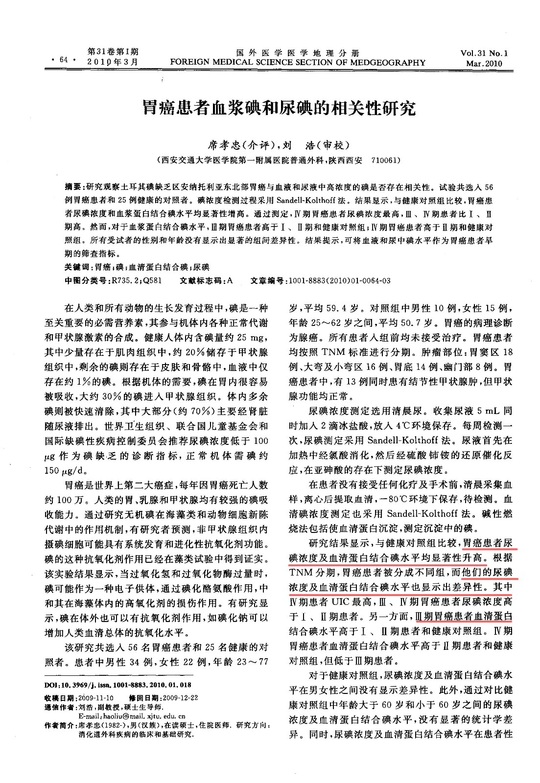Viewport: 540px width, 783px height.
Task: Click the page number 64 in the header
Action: point(63,60)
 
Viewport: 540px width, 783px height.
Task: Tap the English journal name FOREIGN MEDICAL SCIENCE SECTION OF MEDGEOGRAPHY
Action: point(297,63)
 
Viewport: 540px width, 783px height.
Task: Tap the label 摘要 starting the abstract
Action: point(73,187)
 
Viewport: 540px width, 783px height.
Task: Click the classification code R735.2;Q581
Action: point(134,280)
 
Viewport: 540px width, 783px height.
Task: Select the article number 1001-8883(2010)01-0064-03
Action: point(339,280)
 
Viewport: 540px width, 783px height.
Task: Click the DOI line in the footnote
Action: point(117,685)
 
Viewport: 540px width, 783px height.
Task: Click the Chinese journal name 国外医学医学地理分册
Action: point(297,53)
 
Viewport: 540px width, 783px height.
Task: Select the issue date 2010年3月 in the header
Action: point(112,62)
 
